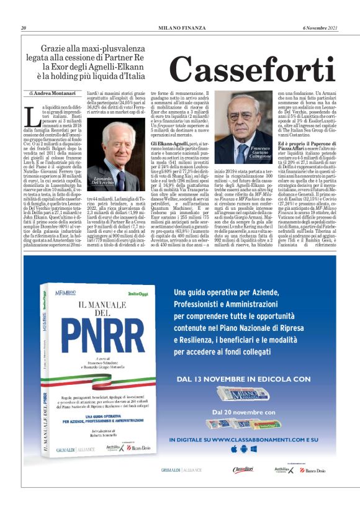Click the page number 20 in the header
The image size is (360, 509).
click(x=24, y=28)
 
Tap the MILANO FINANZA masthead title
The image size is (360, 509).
click(x=180, y=28)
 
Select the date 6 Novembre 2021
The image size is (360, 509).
click(x=320, y=28)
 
